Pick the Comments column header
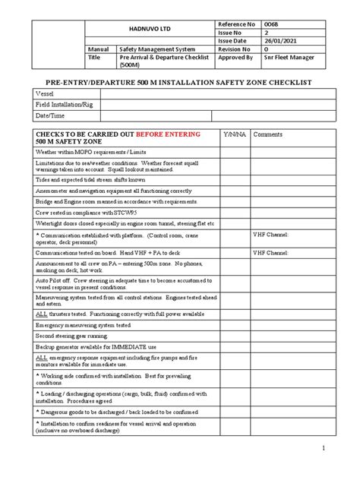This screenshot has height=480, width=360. tap(267, 133)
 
